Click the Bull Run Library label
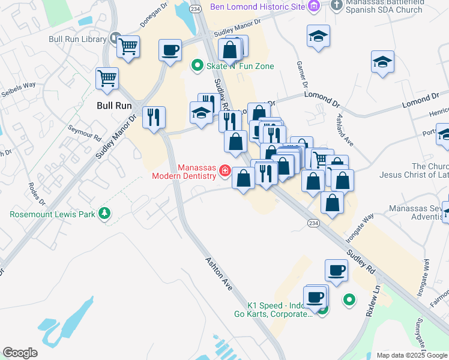[77, 40]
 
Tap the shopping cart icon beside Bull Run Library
[128, 46]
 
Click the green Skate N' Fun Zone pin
[196, 65]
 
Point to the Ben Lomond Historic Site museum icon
[313, 7]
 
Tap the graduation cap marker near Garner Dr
[318, 35]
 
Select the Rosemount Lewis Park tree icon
[105, 213]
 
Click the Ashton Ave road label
[219, 271]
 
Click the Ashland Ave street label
[345, 130]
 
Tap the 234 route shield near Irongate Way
[313, 223]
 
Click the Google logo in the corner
[20, 353]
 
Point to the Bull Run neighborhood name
[114, 105]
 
